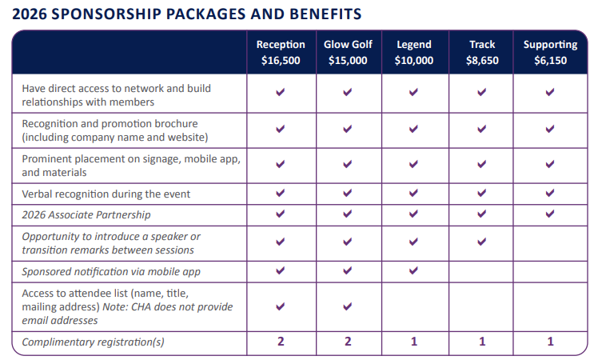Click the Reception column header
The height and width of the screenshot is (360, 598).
click(281, 45)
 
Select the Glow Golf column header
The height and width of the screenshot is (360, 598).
click(347, 45)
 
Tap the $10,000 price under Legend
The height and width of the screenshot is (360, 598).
click(414, 60)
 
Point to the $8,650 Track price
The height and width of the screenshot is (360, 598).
click(482, 60)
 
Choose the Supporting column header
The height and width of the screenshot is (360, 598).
click(550, 45)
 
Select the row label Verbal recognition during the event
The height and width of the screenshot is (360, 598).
click(106, 194)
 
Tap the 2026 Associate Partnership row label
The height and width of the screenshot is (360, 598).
click(86, 214)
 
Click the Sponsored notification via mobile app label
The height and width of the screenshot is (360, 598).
click(111, 271)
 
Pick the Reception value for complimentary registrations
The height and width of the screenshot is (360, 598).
click(281, 342)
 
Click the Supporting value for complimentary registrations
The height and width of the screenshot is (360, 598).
click(550, 342)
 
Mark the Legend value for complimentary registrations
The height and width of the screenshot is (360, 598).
click(414, 342)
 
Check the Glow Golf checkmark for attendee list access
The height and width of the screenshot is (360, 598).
click(347, 306)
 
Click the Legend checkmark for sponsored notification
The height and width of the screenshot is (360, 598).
click(414, 270)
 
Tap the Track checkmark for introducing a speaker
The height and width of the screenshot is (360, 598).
click(482, 242)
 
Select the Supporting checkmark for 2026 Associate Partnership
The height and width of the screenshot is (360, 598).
click(550, 214)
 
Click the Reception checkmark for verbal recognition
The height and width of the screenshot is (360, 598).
click(281, 193)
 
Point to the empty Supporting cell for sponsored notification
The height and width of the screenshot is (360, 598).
click(550, 271)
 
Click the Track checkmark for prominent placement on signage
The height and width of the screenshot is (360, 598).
click(482, 165)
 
